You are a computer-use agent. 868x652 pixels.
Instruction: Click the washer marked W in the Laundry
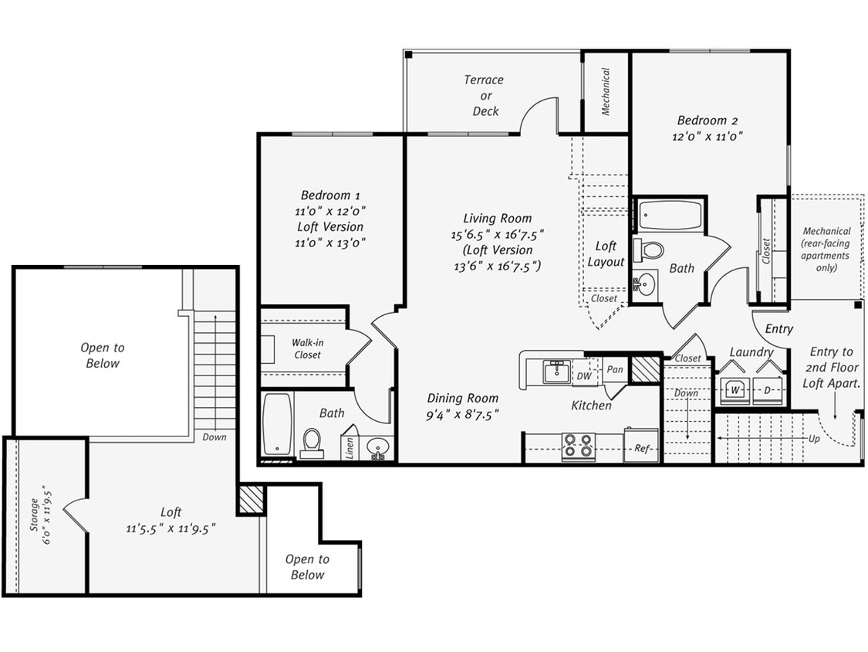tap(735, 390)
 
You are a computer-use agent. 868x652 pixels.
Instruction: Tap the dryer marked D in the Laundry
tap(768, 390)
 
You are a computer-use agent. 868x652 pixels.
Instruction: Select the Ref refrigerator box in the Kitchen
tap(641, 447)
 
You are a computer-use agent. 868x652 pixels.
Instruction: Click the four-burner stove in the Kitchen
tap(578, 446)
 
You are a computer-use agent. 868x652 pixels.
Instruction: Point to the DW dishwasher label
tap(583, 375)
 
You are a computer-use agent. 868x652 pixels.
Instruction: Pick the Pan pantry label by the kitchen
tap(615, 370)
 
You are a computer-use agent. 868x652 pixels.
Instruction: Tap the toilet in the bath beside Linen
tap(312, 443)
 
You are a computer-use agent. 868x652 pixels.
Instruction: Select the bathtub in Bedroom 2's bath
tap(669, 216)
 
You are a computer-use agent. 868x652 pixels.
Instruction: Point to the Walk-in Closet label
tap(307, 348)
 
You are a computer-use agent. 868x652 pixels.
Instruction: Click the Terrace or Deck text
tap(485, 95)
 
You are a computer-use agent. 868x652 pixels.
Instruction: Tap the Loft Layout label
tap(606, 254)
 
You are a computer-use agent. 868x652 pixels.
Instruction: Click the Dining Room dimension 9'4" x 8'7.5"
tap(462, 414)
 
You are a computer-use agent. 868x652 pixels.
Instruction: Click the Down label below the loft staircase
tap(214, 437)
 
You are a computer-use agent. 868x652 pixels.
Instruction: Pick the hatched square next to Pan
tap(646, 369)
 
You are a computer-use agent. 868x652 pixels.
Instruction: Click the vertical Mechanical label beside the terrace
tap(606, 92)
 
